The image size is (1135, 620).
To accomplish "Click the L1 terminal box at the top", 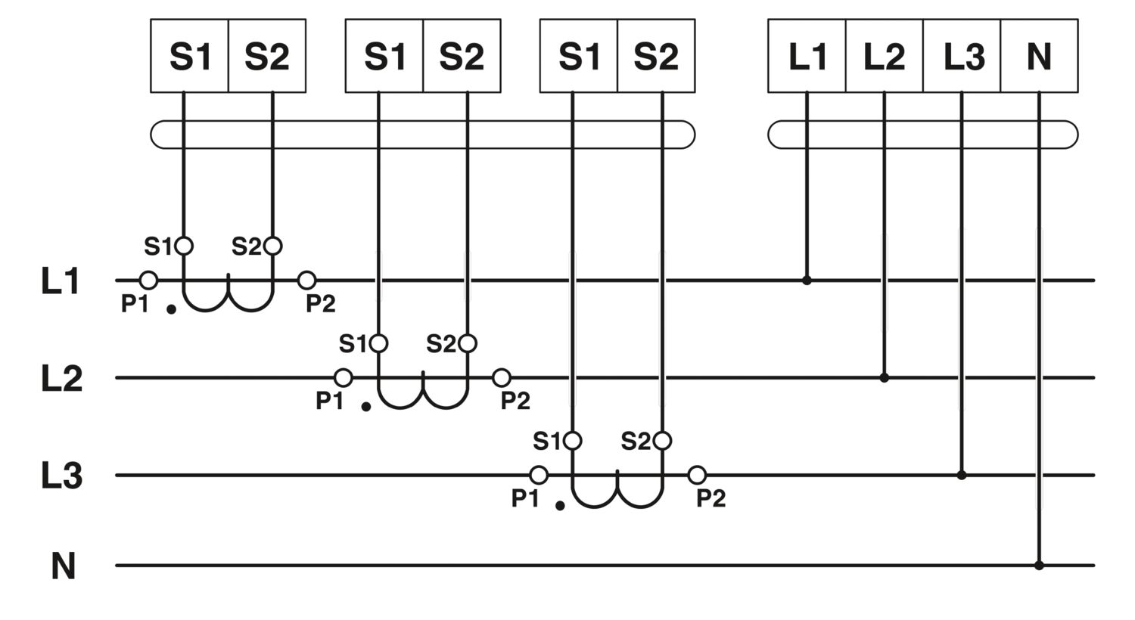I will coord(807,56).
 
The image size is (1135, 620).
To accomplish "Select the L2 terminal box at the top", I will coord(884,56).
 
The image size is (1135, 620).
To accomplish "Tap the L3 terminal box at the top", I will coord(962,56).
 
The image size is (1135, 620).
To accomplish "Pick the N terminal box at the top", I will coord(1039,56).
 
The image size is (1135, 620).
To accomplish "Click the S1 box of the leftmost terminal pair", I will coord(189,56).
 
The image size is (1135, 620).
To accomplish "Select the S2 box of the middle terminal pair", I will coord(462,56).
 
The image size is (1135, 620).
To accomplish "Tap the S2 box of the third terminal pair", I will coord(656,56).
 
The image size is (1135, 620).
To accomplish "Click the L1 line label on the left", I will coord(61,281).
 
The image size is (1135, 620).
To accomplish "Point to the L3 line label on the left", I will coord(61,476).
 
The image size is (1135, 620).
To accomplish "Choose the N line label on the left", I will coord(64,566).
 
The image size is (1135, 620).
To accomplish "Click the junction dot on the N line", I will coord(1039,565).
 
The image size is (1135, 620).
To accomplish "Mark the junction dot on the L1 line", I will coord(807,281).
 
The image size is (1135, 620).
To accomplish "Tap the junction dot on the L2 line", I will coord(884,377).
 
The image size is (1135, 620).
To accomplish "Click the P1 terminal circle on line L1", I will coord(149,281).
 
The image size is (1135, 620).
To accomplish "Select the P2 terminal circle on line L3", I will coord(697,475).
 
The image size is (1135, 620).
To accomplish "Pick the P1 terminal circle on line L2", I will coord(344,377).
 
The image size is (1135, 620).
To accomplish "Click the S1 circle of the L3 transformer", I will coord(573,440).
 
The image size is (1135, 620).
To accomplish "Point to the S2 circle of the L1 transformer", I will coord(272,246).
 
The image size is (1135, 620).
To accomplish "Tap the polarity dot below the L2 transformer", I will coord(366,407).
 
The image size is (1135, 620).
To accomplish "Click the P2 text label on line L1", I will coord(321,304).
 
